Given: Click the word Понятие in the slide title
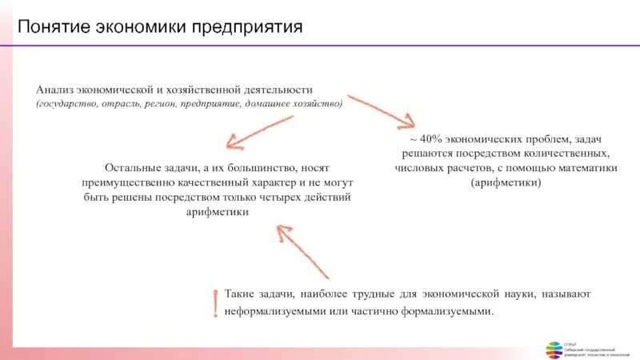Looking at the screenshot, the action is tap(53, 29).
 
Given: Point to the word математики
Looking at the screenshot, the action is tap(588, 168).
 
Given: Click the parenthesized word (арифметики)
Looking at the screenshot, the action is tap(506, 182).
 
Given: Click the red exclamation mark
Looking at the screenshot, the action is tap(214, 303).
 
